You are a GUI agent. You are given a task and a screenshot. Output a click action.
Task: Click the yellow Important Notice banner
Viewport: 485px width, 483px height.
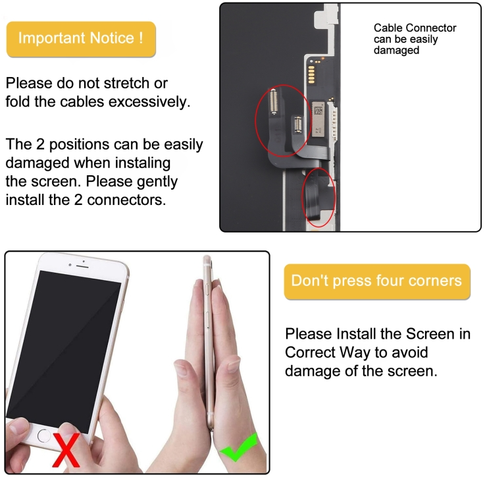pos(81,39)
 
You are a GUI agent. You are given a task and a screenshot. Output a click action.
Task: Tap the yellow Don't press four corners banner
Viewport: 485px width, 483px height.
pos(377,281)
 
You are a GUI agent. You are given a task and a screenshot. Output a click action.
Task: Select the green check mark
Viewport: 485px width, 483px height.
pos(239,447)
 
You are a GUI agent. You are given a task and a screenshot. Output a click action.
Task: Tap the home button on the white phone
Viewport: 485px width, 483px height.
pos(44,436)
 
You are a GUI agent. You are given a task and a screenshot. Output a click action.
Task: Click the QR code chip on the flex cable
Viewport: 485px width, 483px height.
pos(318,110)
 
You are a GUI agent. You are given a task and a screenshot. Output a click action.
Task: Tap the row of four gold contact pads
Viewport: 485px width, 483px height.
pos(311,74)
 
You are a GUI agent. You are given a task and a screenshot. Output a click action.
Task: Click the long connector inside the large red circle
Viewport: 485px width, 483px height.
pos(273,101)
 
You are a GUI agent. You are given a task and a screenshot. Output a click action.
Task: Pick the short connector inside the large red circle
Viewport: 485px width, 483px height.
pos(298,125)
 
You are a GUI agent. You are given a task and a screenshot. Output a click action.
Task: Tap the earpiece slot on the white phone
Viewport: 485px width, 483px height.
pos(82,266)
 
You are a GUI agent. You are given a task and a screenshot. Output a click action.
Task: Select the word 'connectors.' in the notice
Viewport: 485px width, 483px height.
pos(126,200)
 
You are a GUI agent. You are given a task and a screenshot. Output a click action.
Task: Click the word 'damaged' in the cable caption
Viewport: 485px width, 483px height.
pos(396,50)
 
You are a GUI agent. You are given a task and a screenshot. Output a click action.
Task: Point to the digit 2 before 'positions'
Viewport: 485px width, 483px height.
pos(40,144)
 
